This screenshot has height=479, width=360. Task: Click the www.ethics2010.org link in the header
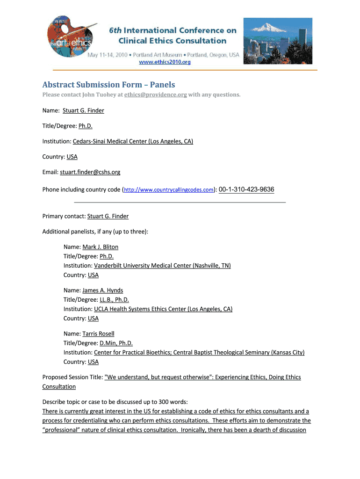point(164,62)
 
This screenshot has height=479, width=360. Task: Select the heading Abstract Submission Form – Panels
point(108,85)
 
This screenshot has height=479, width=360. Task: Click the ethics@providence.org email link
point(156,95)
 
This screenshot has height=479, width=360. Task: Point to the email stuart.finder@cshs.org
point(90,172)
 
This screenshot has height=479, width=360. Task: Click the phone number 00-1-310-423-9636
point(246,189)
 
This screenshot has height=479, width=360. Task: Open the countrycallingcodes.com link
point(169,190)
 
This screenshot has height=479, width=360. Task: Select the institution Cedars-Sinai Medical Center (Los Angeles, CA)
point(133,141)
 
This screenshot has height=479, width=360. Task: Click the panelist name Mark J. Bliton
point(100,247)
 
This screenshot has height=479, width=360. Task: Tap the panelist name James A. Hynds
point(102,290)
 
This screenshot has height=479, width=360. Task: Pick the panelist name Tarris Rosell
point(98,334)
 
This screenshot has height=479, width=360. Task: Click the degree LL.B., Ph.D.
point(114,300)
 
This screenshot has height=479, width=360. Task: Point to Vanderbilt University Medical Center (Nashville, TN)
point(162,266)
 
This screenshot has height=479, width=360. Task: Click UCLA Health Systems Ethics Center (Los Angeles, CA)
point(163,309)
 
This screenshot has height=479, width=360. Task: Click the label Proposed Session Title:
point(72,377)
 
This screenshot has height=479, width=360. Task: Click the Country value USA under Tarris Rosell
point(93,362)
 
